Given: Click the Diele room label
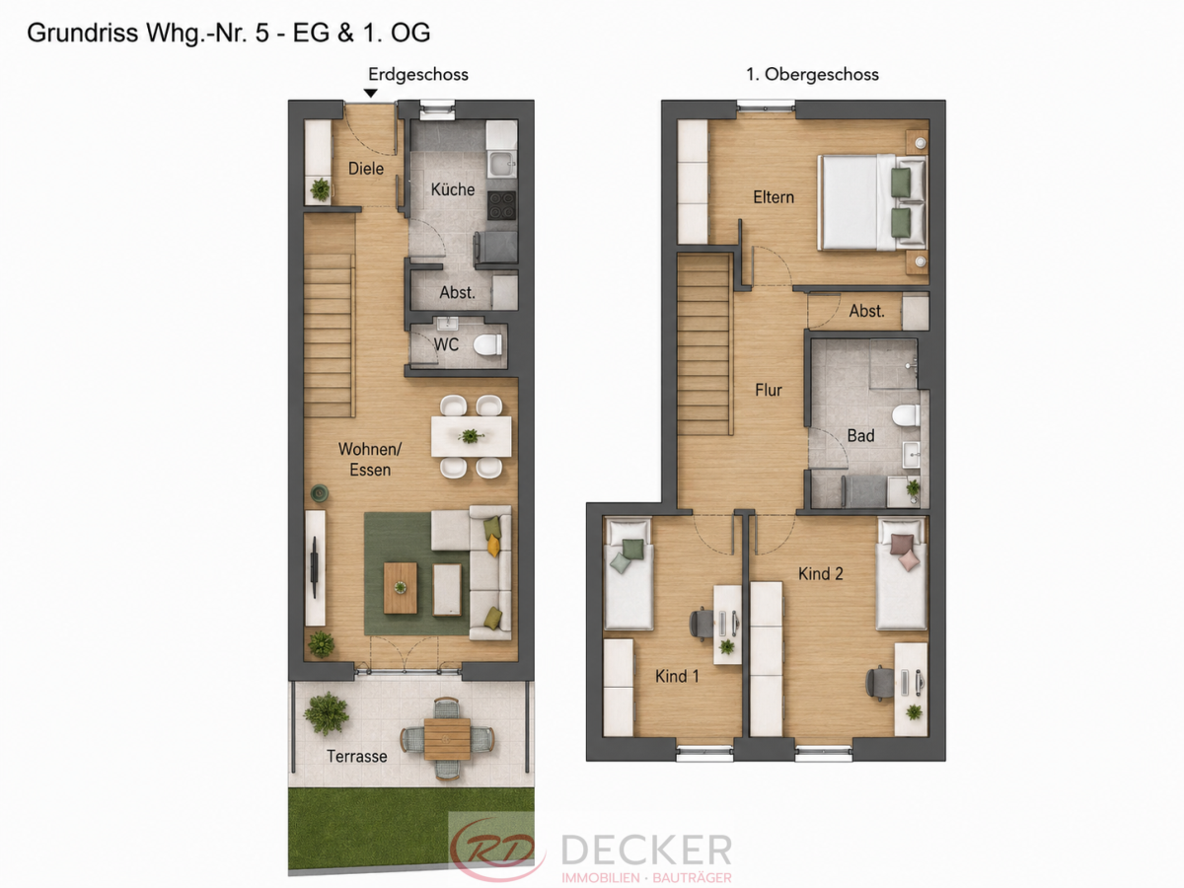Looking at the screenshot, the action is (366, 169).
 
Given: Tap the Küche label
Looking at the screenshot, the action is (453, 189).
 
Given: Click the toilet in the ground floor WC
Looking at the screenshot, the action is (487, 345).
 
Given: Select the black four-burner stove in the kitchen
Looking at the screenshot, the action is (501, 205).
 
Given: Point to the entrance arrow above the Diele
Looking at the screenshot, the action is (371, 94).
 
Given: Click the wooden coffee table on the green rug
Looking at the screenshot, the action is (401, 588).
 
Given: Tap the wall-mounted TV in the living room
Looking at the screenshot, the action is (315, 567).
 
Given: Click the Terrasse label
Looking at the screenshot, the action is (356, 757).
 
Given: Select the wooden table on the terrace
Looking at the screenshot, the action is (447, 739).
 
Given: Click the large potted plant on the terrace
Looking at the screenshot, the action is (326, 713).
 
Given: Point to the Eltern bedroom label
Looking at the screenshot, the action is (774, 197).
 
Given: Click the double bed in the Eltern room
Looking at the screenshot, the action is (872, 202).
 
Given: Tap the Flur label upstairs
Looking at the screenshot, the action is (768, 390).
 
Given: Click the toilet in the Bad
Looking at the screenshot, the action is (906, 416).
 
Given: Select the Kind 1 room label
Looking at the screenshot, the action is (677, 676).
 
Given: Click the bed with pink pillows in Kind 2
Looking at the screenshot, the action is (902, 573).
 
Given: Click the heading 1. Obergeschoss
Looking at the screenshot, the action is (812, 74).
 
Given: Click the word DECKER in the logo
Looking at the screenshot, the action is (646, 850).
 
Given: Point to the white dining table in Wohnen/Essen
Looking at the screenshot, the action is (471, 436).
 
